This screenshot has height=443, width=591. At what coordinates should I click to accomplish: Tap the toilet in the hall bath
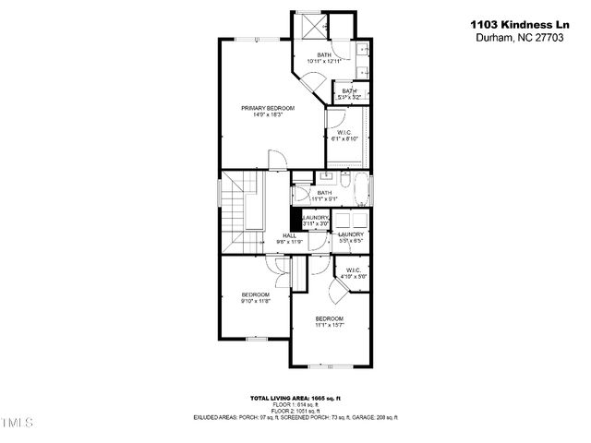pos(302,196)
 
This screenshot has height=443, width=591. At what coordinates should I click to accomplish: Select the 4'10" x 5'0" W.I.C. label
pos(354,274)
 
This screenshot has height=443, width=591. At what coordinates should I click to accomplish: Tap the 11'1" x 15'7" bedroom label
pos(329,322)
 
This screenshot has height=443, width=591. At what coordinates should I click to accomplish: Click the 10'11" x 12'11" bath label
pos(324,58)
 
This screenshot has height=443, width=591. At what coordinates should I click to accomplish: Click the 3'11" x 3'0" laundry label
pos(317,221)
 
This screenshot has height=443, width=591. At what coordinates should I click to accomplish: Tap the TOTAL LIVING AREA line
pos(295,398)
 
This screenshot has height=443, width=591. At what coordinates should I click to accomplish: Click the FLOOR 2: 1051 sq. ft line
pos(295,411)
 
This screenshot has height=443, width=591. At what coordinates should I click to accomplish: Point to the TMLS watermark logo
pos(17,423)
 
